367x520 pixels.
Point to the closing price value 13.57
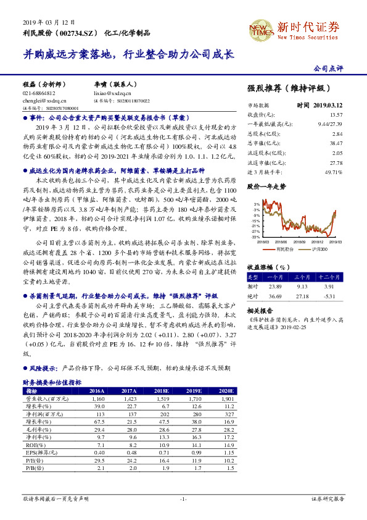[x=336, y=115]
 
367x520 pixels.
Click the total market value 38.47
[x=336, y=143]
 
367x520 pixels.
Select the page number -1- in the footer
[x=183, y=498]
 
